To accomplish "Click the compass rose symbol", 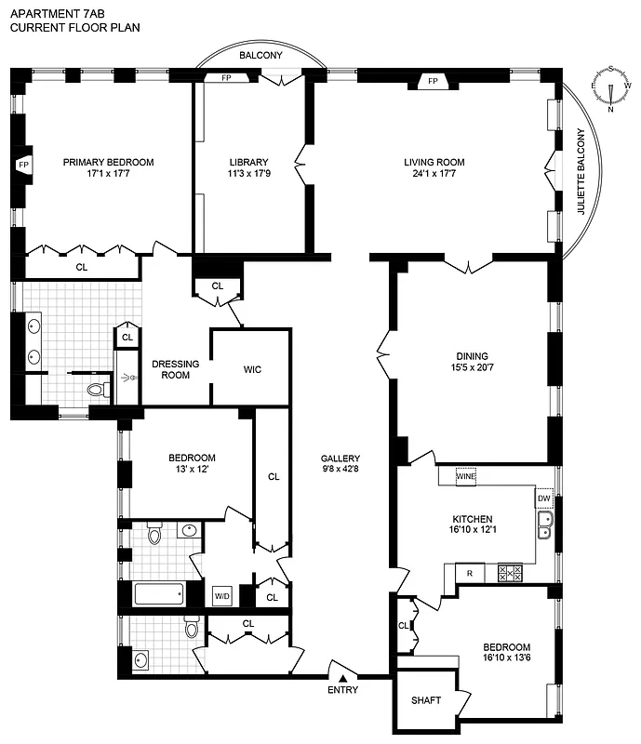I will (x=611, y=87).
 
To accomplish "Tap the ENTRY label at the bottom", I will (x=341, y=690).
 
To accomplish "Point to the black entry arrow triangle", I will (x=341, y=678).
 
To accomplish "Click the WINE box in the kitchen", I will (x=466, y=476).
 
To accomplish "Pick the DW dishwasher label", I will (x=544, y=498).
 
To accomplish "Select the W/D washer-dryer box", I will (x=222, y=595).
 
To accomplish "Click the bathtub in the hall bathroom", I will (x=161, y=593).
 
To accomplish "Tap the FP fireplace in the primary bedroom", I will (x=22, y=166).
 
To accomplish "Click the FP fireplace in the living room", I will (x=433, y=82).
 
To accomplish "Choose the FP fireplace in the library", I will (x=226, y=78).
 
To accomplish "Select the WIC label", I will (x=251, y=369).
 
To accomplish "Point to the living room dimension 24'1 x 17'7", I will (x=434, y=174).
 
